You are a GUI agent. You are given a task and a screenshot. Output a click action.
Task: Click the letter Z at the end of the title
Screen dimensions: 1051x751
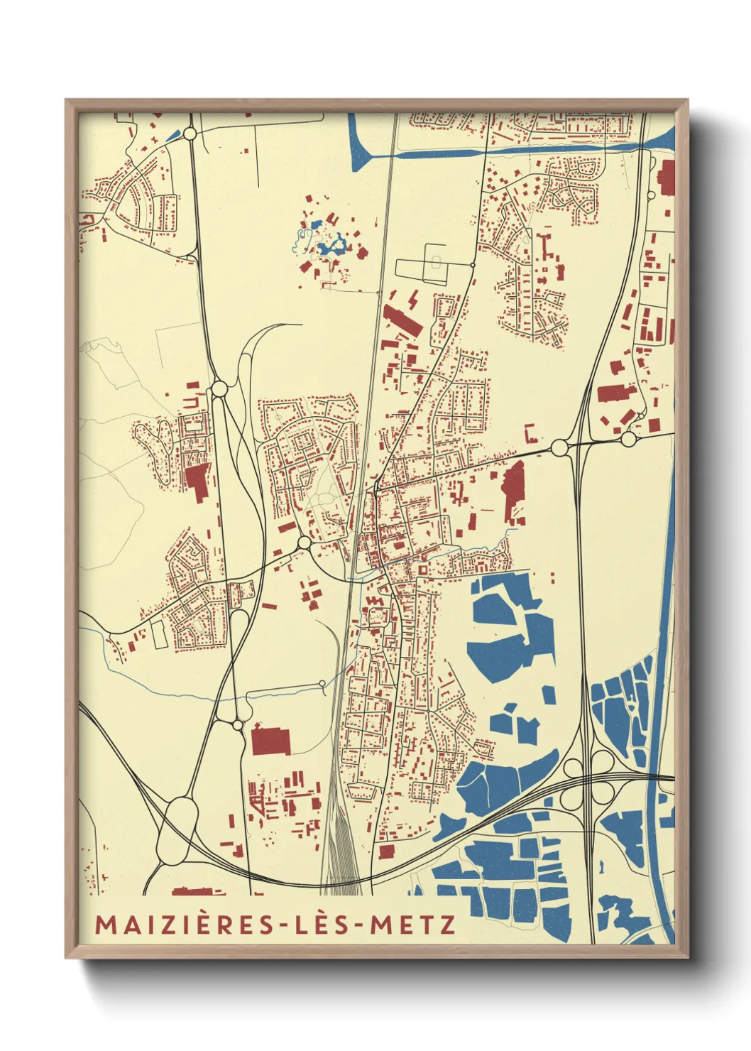pyautogui.click(x=447, y=924)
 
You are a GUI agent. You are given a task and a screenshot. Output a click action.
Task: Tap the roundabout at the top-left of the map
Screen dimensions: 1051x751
pyautogui.click(x=190, y=134)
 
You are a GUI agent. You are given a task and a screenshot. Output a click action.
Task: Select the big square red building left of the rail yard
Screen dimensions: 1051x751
pyautogui.click(x=270, y=741)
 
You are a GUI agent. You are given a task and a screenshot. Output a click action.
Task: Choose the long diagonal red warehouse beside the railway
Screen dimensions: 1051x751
pyautogui.click(x=402, y=320)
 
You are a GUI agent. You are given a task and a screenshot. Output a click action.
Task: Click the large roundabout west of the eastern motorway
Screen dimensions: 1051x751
pyautogui.click(x=559, y=447)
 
